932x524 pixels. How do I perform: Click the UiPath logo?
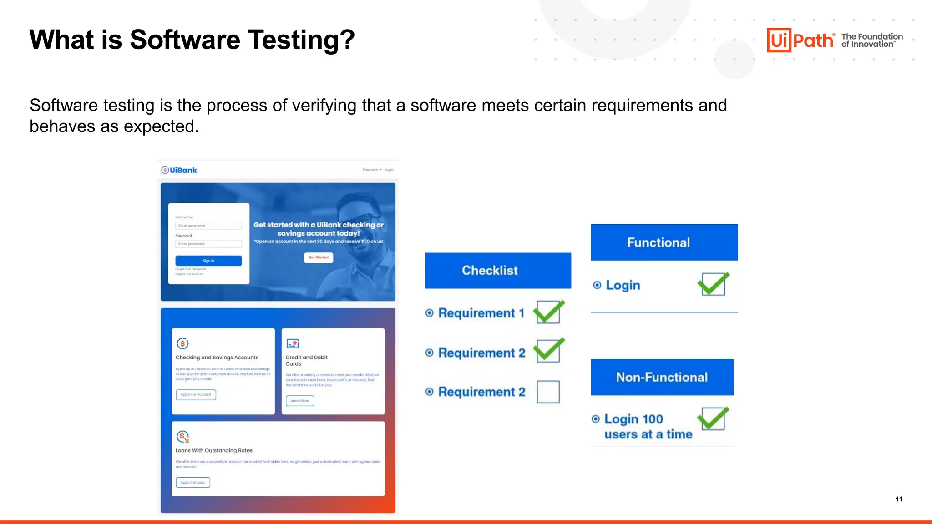click(800, 40)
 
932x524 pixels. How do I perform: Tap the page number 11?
click(899, 499)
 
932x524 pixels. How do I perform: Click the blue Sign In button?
click(208, 261)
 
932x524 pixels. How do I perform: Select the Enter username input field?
click(208, 226)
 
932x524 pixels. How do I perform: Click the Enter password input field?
click(208, 244)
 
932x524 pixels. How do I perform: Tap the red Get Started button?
click(318, 257)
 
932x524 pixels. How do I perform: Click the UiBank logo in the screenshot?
click(179, 170)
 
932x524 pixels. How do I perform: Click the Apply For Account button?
click(196, 394)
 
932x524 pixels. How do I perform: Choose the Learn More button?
click(299, 401)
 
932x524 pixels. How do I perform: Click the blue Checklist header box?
click(498, 270)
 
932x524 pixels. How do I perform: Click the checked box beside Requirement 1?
click(548, 312)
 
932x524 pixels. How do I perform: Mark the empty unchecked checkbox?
click(548, 392)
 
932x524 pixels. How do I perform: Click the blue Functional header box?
click(664, 242)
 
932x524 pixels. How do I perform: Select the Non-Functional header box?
click(662, 377)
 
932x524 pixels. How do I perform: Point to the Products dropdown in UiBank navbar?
click(371, 170)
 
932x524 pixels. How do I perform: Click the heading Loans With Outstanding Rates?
click(214, 450)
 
